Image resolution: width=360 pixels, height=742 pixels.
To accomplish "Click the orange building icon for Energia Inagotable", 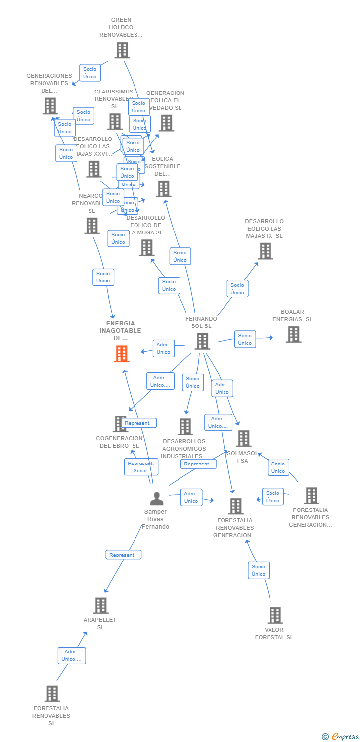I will tap(122, 354).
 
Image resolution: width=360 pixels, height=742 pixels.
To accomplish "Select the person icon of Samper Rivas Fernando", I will tap(156, 499).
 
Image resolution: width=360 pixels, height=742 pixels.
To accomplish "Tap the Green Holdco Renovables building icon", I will tap(122, 50).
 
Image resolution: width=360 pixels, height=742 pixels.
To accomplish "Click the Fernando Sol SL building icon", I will tap(202, 341).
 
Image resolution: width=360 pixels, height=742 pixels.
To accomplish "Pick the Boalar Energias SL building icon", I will tap(293, 334).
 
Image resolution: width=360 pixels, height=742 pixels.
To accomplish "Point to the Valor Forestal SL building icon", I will tap(275, 615).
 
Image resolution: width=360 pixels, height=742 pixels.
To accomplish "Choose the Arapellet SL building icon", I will tap(101, 605).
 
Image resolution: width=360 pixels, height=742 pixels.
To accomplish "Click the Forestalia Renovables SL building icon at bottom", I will tap(52, 694).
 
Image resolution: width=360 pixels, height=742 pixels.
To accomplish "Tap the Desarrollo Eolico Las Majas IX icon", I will tap(265, 251).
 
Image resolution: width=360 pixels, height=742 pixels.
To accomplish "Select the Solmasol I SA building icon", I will tap(243, 438).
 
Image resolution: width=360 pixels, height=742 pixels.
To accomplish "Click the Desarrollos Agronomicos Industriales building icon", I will tap(185, 426).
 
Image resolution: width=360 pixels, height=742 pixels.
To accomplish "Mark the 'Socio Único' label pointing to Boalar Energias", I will tap(245, 339).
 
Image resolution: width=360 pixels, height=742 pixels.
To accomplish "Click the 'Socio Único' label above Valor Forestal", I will tap(259, 570).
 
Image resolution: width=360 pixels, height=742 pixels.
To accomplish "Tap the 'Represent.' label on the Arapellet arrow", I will tap(123, 555).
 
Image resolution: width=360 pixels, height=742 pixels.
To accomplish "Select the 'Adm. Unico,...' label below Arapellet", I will tap(72, 655).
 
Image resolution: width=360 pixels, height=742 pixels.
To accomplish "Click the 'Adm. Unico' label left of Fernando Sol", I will tap(163, 348).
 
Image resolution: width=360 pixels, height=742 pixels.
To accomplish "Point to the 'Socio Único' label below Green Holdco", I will tap(90, 73).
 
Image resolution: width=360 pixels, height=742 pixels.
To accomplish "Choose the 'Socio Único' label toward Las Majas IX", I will tap(237, 289).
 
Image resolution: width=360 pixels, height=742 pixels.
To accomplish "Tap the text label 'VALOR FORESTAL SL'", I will tap(274, 634).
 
